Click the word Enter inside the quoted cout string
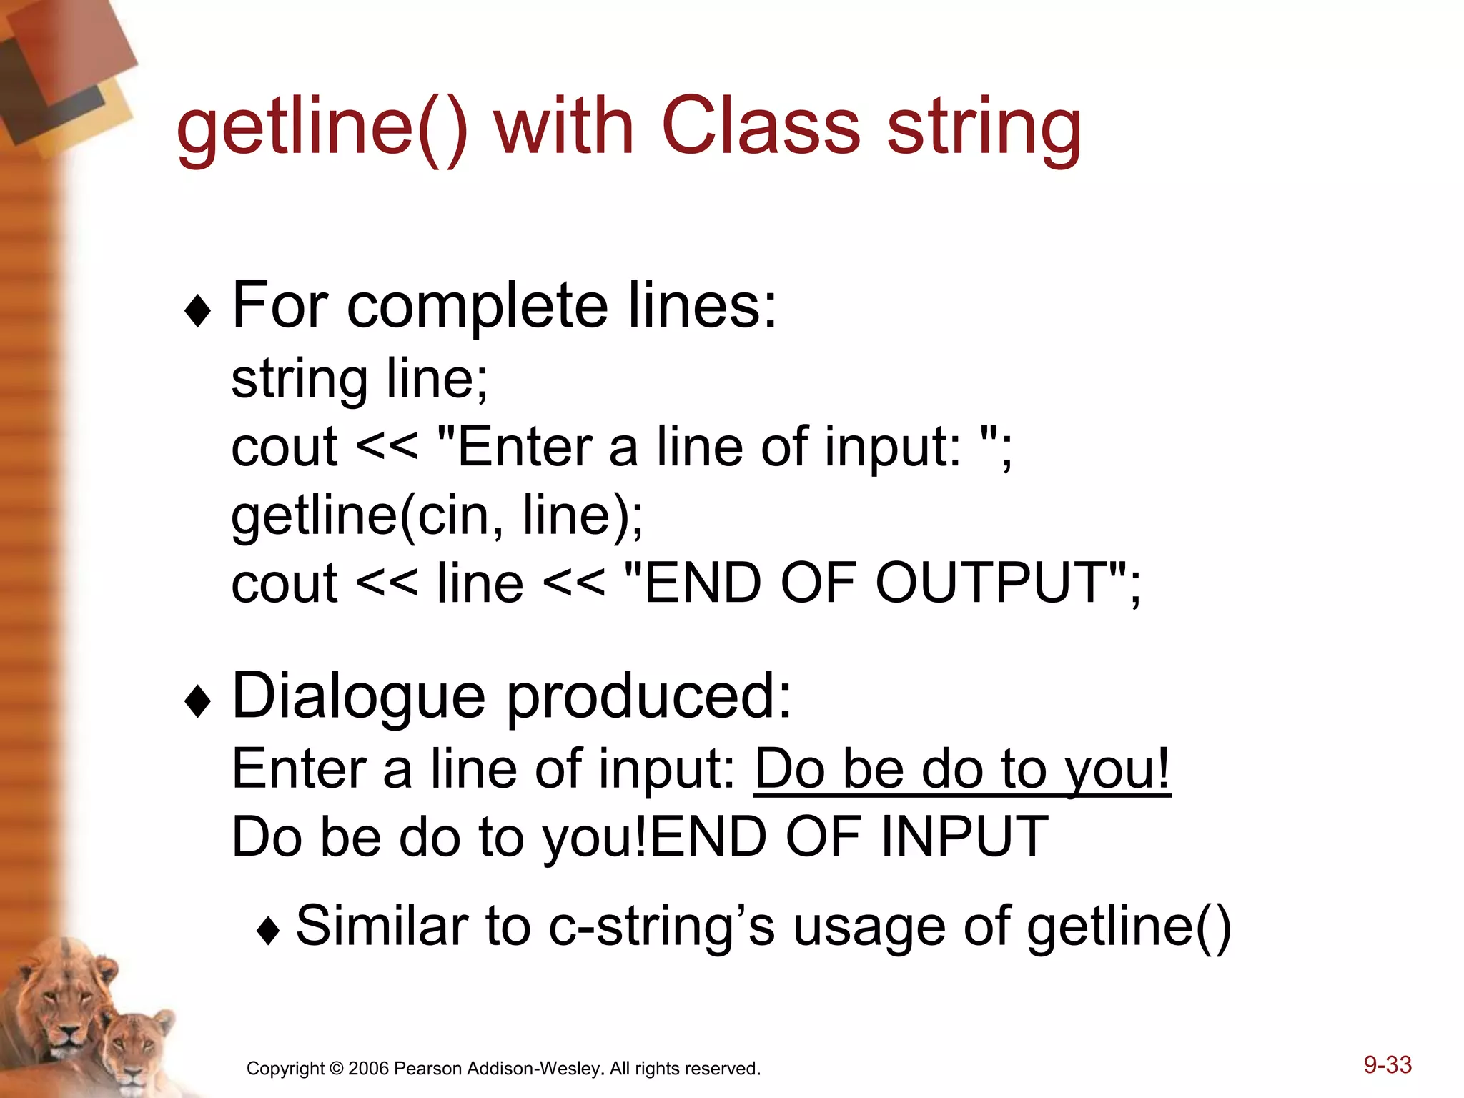click(525, 446)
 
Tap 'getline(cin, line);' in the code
click(437, 515)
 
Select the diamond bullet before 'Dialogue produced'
click(197, 701)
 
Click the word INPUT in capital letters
click(964, 836)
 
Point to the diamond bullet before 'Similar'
click(268, 931)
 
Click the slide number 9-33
click(1387, 1064)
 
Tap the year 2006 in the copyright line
click(368, 1069)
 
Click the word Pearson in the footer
click(427, 1069)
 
